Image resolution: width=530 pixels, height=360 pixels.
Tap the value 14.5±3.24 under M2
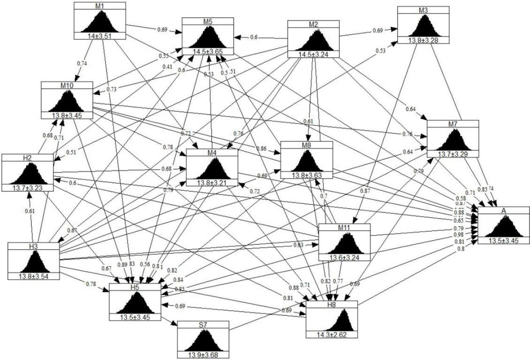point(313,54)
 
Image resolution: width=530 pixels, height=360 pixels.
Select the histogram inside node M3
point(423,25)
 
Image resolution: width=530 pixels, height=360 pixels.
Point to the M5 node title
point(208,22)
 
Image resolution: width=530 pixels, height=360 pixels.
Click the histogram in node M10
point(67,100)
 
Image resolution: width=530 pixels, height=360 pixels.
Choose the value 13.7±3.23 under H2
point(27,188)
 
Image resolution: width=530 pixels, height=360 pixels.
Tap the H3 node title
point(33,245)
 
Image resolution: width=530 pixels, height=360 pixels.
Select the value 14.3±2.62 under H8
point(332,334)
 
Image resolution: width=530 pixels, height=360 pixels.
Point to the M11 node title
point(344,227)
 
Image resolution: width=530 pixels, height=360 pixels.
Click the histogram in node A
point(503,228)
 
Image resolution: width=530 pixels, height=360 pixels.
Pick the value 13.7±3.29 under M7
point(453,153)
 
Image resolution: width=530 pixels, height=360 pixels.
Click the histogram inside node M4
point(212,169)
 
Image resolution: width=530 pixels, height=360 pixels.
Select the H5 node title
point(135,287)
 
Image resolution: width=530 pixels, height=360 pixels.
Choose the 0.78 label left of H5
point(91,283)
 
